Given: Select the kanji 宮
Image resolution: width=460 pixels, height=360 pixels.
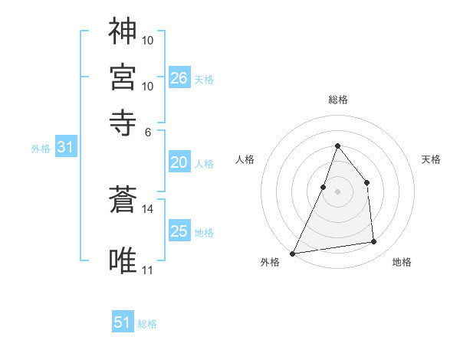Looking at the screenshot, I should (123, 77).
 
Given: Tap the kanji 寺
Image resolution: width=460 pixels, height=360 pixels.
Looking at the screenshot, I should (123, 121).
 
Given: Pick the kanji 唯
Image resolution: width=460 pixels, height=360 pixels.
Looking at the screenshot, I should (123, 258).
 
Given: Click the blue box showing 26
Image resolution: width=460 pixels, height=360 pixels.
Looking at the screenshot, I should (179, 77).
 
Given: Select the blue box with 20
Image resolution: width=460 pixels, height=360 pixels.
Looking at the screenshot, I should (179, 162).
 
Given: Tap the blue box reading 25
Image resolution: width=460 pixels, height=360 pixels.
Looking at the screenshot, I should (179, 231).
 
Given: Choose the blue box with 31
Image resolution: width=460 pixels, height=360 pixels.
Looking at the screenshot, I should (65, 148).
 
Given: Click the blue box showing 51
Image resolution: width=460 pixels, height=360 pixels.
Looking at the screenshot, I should (123, 322).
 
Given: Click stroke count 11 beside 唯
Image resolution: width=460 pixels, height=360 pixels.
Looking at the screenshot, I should (148, 270).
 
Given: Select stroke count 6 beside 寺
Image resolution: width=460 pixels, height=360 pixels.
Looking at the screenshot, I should (148, 131).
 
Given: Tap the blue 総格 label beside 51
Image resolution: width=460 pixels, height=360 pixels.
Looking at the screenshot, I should (147, 324).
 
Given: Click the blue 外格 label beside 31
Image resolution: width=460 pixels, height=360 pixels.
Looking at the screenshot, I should (41, 149).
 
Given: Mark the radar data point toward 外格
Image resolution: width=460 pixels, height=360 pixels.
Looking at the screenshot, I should (293, 253).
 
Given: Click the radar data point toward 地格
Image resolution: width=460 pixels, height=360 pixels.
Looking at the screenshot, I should (374, 242).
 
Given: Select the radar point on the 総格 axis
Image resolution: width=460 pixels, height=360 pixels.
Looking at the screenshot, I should (337, 146).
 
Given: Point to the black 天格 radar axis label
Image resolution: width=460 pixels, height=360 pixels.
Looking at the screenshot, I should (431, 159).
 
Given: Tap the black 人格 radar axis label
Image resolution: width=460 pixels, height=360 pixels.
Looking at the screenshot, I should (245, 159).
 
